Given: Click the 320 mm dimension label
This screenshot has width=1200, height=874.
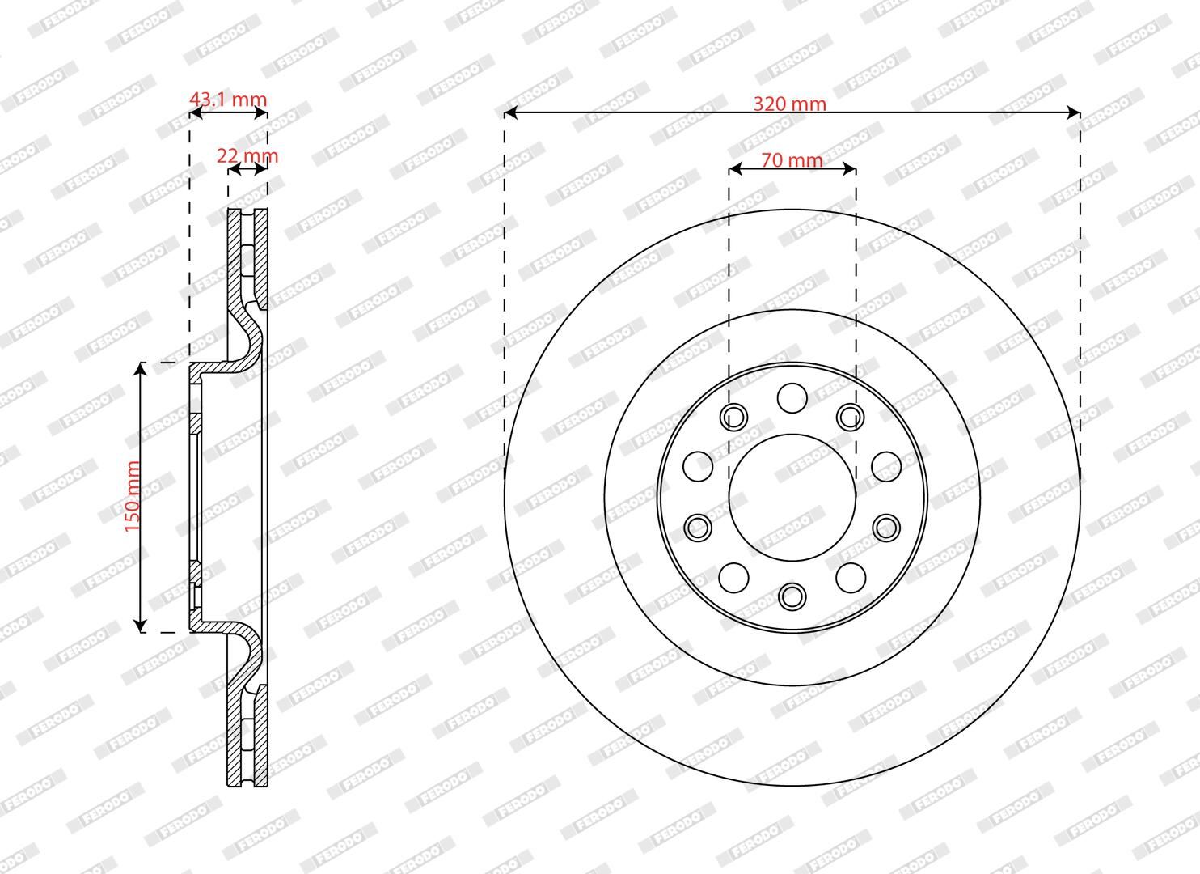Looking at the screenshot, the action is [790, 104].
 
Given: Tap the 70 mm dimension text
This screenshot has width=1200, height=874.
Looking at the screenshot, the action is [792, 159].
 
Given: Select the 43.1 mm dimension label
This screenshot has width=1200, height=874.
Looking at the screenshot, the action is [228, 100].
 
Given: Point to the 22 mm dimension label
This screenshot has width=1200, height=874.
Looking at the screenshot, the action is [247, 156].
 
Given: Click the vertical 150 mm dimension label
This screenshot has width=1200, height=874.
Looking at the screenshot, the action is [133, 497].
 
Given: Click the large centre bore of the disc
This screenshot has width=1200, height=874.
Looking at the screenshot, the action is [792, 498].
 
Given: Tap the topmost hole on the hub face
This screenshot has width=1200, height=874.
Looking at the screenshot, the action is [792, 398].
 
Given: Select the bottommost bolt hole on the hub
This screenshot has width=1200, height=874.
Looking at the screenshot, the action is [792, 596].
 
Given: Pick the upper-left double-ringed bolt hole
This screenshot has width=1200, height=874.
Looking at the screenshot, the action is [734, 417].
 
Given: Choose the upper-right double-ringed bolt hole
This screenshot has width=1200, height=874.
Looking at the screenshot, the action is [851, 417].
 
